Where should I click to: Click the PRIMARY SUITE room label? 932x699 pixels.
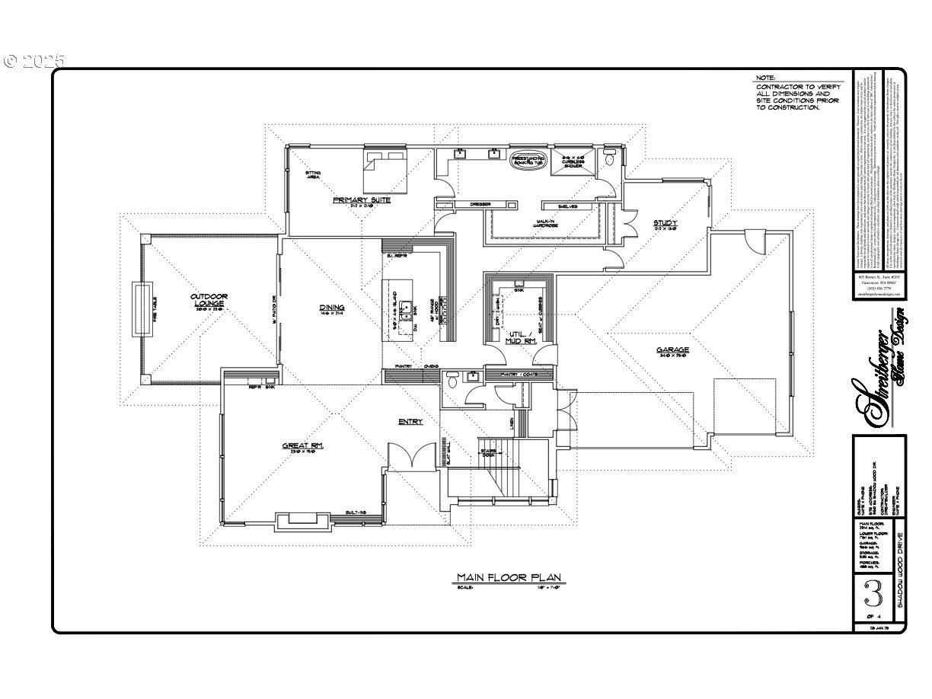[362, 200]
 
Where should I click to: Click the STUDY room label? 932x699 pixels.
[665, 224]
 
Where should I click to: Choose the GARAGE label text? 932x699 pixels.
[673, 350]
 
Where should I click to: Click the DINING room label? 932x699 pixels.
[332, 308]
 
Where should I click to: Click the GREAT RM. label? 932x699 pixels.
[303, 446]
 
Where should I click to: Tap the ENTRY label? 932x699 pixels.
[410, 421]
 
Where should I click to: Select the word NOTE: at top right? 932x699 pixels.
[765, 78]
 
